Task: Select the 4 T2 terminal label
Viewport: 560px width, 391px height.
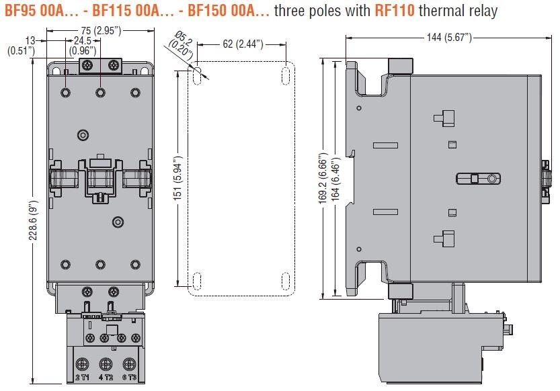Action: pyautogui.click(x=105, y=377)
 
